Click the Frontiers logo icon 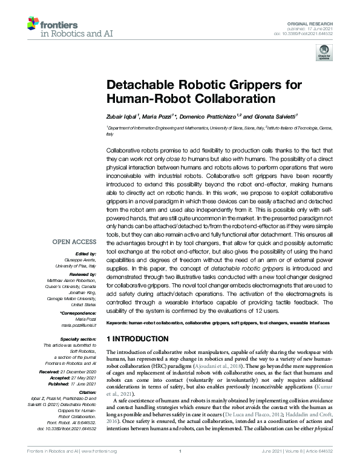33,24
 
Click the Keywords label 119,324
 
